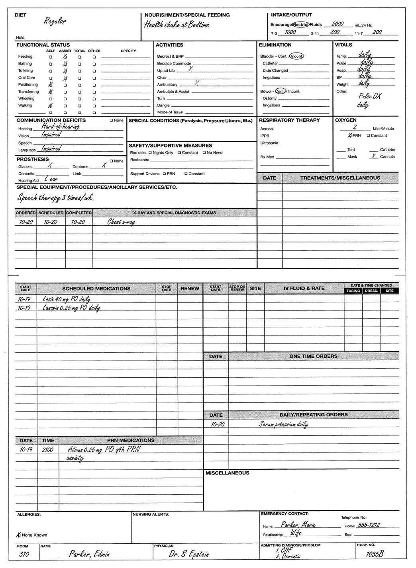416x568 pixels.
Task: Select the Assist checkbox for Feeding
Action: click(x=65, y=57)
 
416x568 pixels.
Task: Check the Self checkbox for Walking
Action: click(x=51, y=105)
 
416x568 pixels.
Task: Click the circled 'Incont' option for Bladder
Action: click(x=296, y=57)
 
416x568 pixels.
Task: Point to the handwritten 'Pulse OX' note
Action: click(x=370, y=96)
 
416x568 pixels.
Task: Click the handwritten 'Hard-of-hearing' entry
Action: click(x=60, y=127)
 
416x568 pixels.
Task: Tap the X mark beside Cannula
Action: click(x=373, y=156)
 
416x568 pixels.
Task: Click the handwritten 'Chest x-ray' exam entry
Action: click(x=121, y=222)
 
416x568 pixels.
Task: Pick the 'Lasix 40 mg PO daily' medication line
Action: click(x=66, y=299)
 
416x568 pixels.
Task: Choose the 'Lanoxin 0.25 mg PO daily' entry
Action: click(x=71, y=308)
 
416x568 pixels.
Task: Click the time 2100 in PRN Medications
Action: click(x=47, y=449)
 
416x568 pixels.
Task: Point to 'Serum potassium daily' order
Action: click(x=283, y=424)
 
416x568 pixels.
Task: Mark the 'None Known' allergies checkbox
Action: click(x=19, y=535)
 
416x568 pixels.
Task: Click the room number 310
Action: click(x=24, y=554)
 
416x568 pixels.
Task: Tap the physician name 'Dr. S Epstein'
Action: click(x=189, y=554)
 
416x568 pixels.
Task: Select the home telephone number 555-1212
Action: click(x=369, y=525)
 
